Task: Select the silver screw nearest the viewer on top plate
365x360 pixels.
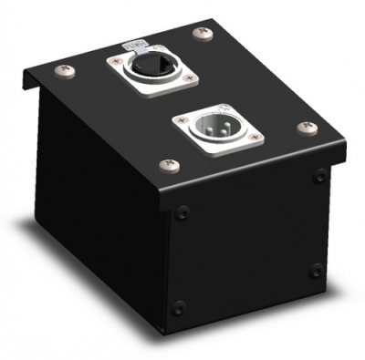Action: (168, 165)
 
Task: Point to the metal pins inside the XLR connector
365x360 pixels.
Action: (213, 128)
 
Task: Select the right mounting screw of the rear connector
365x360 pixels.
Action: (189, 80)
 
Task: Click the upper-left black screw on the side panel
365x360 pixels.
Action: (182, 214)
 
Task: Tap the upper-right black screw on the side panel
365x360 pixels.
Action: (319, 177)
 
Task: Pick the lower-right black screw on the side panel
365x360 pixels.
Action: (315, 271)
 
